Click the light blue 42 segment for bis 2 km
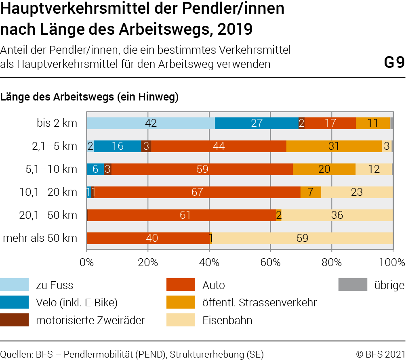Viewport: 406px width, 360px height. click(x=151, y=123)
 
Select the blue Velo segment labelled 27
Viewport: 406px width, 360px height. click(x=257, y=123)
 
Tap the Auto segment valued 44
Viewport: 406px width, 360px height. click(x=219, y=146)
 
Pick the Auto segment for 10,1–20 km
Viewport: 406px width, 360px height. click(x=197, y=192)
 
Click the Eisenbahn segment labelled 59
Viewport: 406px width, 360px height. click(x=302, y=238)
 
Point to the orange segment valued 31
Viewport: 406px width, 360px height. click(x=334, y=146)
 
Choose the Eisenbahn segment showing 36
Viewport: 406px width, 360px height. click(x=337, y=215)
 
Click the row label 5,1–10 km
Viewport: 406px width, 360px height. click(x=51, y=169)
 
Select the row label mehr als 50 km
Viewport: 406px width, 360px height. click(x=40, y=238)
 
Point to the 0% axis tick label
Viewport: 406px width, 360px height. click(x=86, y=262)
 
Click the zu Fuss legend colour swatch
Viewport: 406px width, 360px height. click(x=15, y=285)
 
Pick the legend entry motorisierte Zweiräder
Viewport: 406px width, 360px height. click(x=90, y=320)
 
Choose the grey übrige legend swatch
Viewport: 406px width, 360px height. click(x=352, y=285)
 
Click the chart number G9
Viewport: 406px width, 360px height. click(x=394, y=63)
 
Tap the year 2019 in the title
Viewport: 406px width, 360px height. click(x=234, y=29)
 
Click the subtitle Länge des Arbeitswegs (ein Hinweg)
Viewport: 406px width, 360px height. click(x=90, y=97)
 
